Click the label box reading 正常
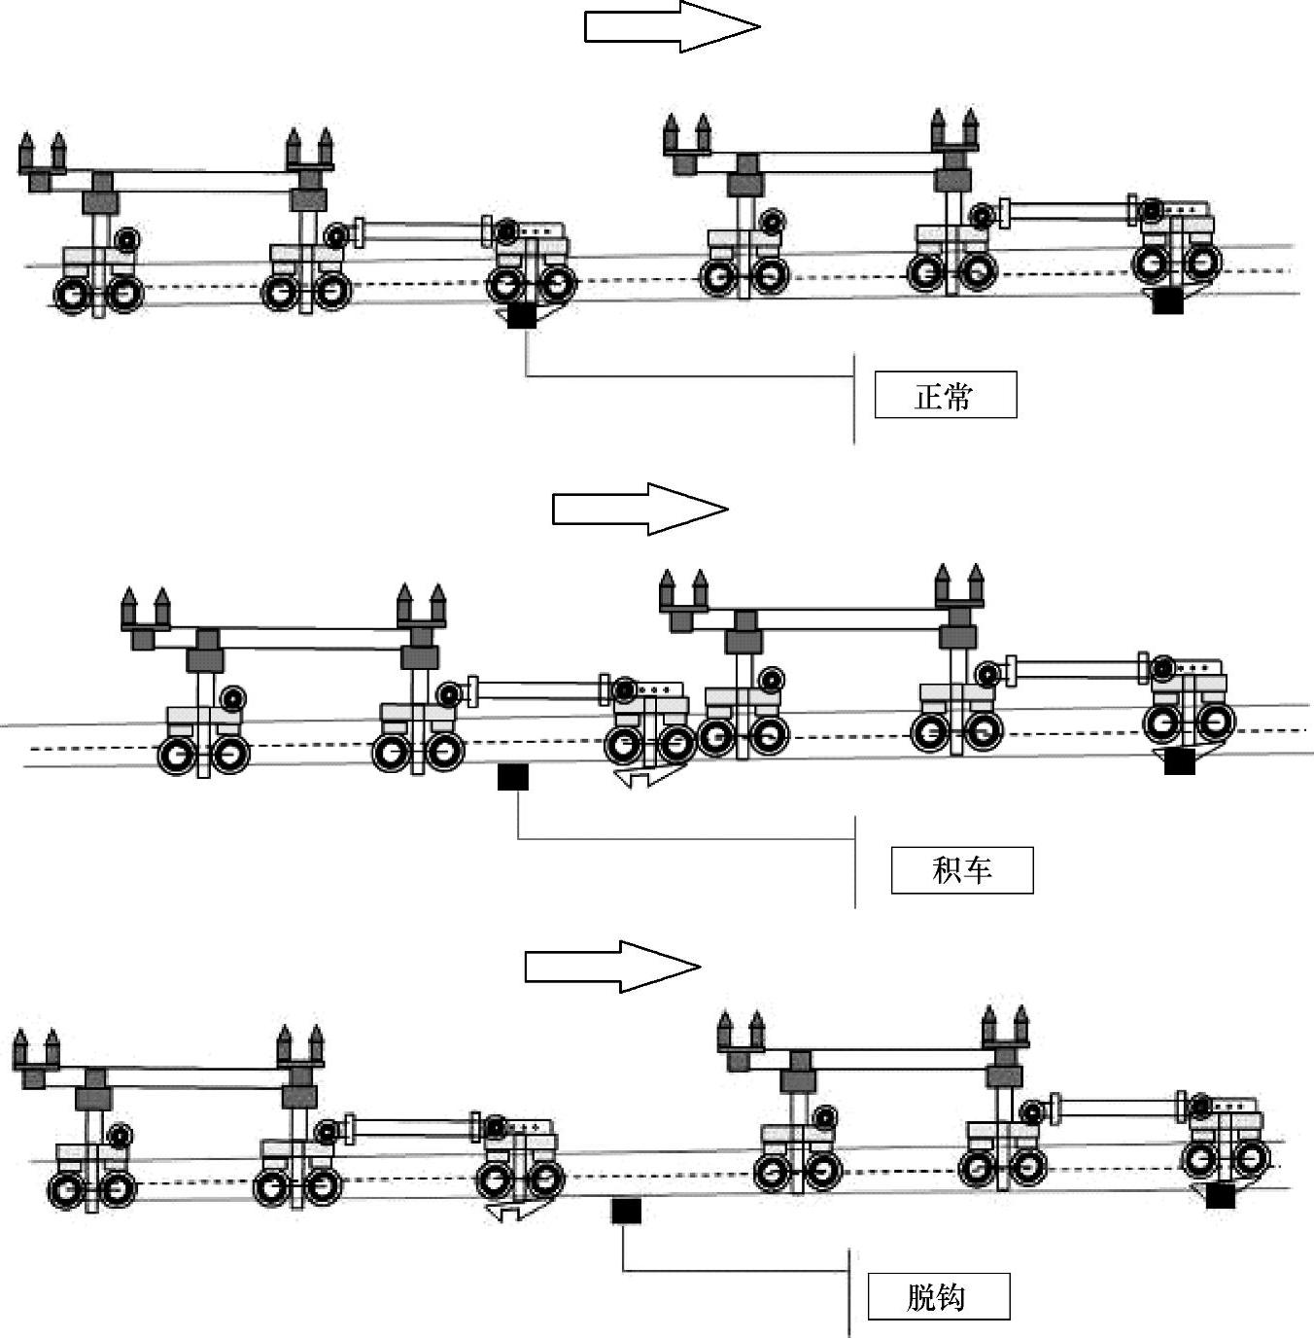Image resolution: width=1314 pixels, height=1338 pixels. [945, 395]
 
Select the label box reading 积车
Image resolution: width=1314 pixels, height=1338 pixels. [961, 869]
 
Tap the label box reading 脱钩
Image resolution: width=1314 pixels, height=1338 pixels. [938, 1296]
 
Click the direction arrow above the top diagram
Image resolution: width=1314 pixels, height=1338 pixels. [672, 26]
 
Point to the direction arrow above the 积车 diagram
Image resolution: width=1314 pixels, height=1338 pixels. [640, 509]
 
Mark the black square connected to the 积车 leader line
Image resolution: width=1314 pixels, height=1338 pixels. [513, 777]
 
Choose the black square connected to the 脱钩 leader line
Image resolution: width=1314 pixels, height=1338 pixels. [626, 1211]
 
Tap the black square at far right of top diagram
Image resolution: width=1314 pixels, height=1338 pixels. [1167, 301]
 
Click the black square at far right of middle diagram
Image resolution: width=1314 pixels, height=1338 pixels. [1179, 761]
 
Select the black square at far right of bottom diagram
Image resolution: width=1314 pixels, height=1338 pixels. [1221, 1196]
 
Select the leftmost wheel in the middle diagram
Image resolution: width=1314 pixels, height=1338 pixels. [178, 755]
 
